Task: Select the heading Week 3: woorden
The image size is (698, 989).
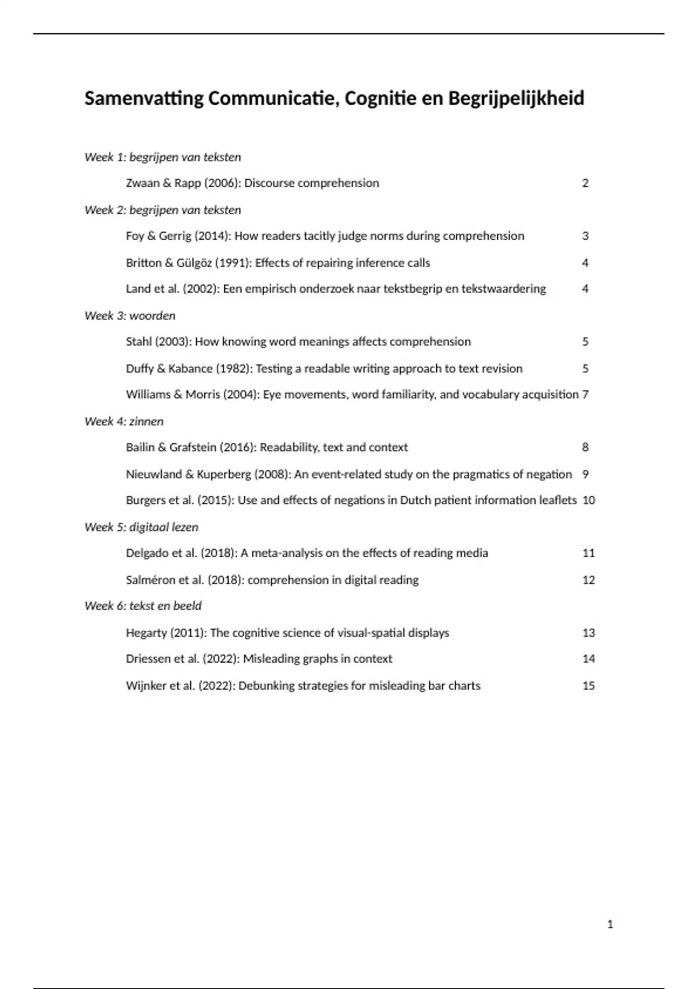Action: tap(130, 316)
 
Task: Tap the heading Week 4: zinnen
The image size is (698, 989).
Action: tap(124, 421)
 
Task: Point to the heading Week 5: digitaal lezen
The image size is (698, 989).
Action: tap(141, 527)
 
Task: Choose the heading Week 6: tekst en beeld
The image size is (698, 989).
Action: tap(143, 606)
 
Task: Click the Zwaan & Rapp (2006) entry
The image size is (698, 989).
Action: tap(252, 183)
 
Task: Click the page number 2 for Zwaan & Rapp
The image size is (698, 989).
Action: tap(585, 183)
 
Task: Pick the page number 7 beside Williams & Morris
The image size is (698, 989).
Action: tap(585, 394)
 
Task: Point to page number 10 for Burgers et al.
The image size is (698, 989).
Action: tap(589, 500)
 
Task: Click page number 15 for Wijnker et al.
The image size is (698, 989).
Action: tap(589, 686)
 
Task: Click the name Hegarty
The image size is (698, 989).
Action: tap(146, 633)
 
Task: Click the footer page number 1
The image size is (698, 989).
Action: tap(610, 924)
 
